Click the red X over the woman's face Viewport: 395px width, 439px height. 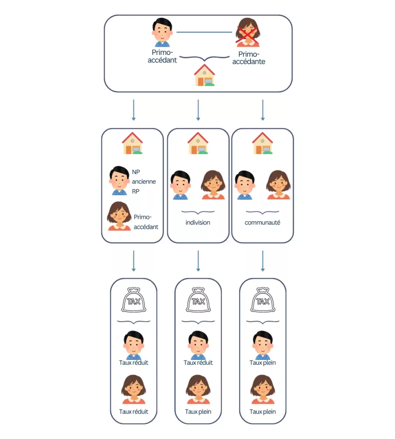click(x=248, y=36)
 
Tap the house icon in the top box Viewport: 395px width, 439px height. click(x=205, y=75)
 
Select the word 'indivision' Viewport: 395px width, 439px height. click(x=197, y=223)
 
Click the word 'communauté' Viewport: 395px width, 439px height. click(x=262, y=223)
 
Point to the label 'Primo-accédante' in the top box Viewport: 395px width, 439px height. click(x=248, y=58)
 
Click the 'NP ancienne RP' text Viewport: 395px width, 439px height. click(x=144, y=182)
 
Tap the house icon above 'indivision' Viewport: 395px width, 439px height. click(x=197, y=143)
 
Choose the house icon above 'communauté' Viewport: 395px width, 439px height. click(x=262, y=143)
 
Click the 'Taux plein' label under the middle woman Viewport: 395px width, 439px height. click(x=198, y=412)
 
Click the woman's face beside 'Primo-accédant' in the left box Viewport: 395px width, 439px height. click(x=119, y=216)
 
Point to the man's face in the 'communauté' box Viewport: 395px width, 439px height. click(x=245, y=185)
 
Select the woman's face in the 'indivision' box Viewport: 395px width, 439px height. click(x=213, y=185)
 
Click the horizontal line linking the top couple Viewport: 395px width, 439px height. click(x=205, y=32)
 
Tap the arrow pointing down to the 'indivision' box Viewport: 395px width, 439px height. click(x=198, y=110)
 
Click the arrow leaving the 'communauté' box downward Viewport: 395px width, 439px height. click(x=262, y=261)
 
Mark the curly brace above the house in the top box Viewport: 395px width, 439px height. click(x=205, y=58)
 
